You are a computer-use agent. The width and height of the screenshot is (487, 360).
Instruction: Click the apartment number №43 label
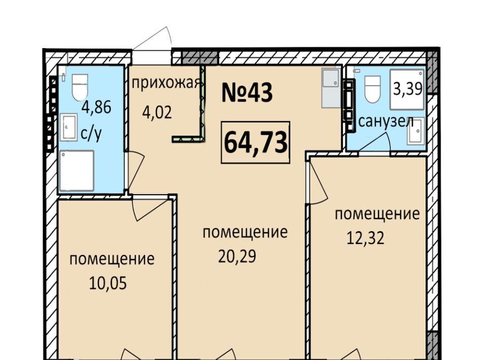[x=247, y=93]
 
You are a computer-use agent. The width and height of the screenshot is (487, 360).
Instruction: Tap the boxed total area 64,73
[x=255, y=142]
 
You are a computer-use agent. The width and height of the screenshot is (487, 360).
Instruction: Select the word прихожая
[x=165, y=84]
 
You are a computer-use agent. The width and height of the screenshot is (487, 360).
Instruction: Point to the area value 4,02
[x=157, y=113]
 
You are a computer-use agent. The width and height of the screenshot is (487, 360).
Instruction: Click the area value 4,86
[x=96, y=108]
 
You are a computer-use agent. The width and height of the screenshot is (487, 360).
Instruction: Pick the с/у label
[x=91, y=134]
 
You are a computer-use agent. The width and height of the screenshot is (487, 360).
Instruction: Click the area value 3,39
[x=408, y=89]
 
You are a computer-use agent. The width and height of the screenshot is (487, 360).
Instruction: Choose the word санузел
[x=386, y=122]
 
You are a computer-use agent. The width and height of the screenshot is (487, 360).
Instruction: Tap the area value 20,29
[x=237, y=257]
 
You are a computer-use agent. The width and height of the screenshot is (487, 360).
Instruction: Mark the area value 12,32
[x=365, y=238]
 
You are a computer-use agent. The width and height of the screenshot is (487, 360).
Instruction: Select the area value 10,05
[x=108, y=283]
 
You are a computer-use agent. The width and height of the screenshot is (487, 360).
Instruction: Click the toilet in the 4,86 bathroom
[x=80, y=87]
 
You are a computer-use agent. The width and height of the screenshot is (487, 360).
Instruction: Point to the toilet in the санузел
[x=372, y=89]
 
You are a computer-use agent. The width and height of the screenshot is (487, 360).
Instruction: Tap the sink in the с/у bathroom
[x=68, y=127]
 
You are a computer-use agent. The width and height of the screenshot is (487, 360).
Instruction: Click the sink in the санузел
[x=415, y=131]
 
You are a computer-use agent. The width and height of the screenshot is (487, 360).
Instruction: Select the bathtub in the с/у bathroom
[x=77, y=171]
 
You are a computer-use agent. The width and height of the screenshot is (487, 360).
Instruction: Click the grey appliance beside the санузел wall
[x=331, y=88]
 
